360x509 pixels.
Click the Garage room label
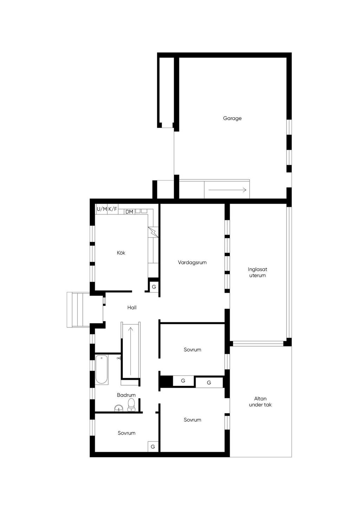(232, 118)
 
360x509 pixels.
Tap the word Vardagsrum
(192, 263)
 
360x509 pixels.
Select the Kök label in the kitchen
(121, 253)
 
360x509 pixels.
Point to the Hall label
(132, 308)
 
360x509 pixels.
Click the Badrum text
(126, 395)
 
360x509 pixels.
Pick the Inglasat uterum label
(257, 272)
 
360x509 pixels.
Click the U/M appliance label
(102, 209)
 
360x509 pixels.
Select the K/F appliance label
(112, 209)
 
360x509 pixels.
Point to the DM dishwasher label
(129, 212)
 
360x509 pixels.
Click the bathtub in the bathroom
(101, 370)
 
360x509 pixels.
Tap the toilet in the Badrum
(131, 405)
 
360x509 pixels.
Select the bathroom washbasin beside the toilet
(118, 408)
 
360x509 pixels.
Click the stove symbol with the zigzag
(153, 232)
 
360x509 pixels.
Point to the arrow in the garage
(227, 190)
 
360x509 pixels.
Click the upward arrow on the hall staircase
(130, 351)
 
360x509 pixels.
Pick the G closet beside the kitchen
(154, 287)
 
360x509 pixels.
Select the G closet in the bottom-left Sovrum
(153, 447)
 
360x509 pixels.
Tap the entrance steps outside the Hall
(78, 310)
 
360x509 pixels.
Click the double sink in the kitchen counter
(141, 211)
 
